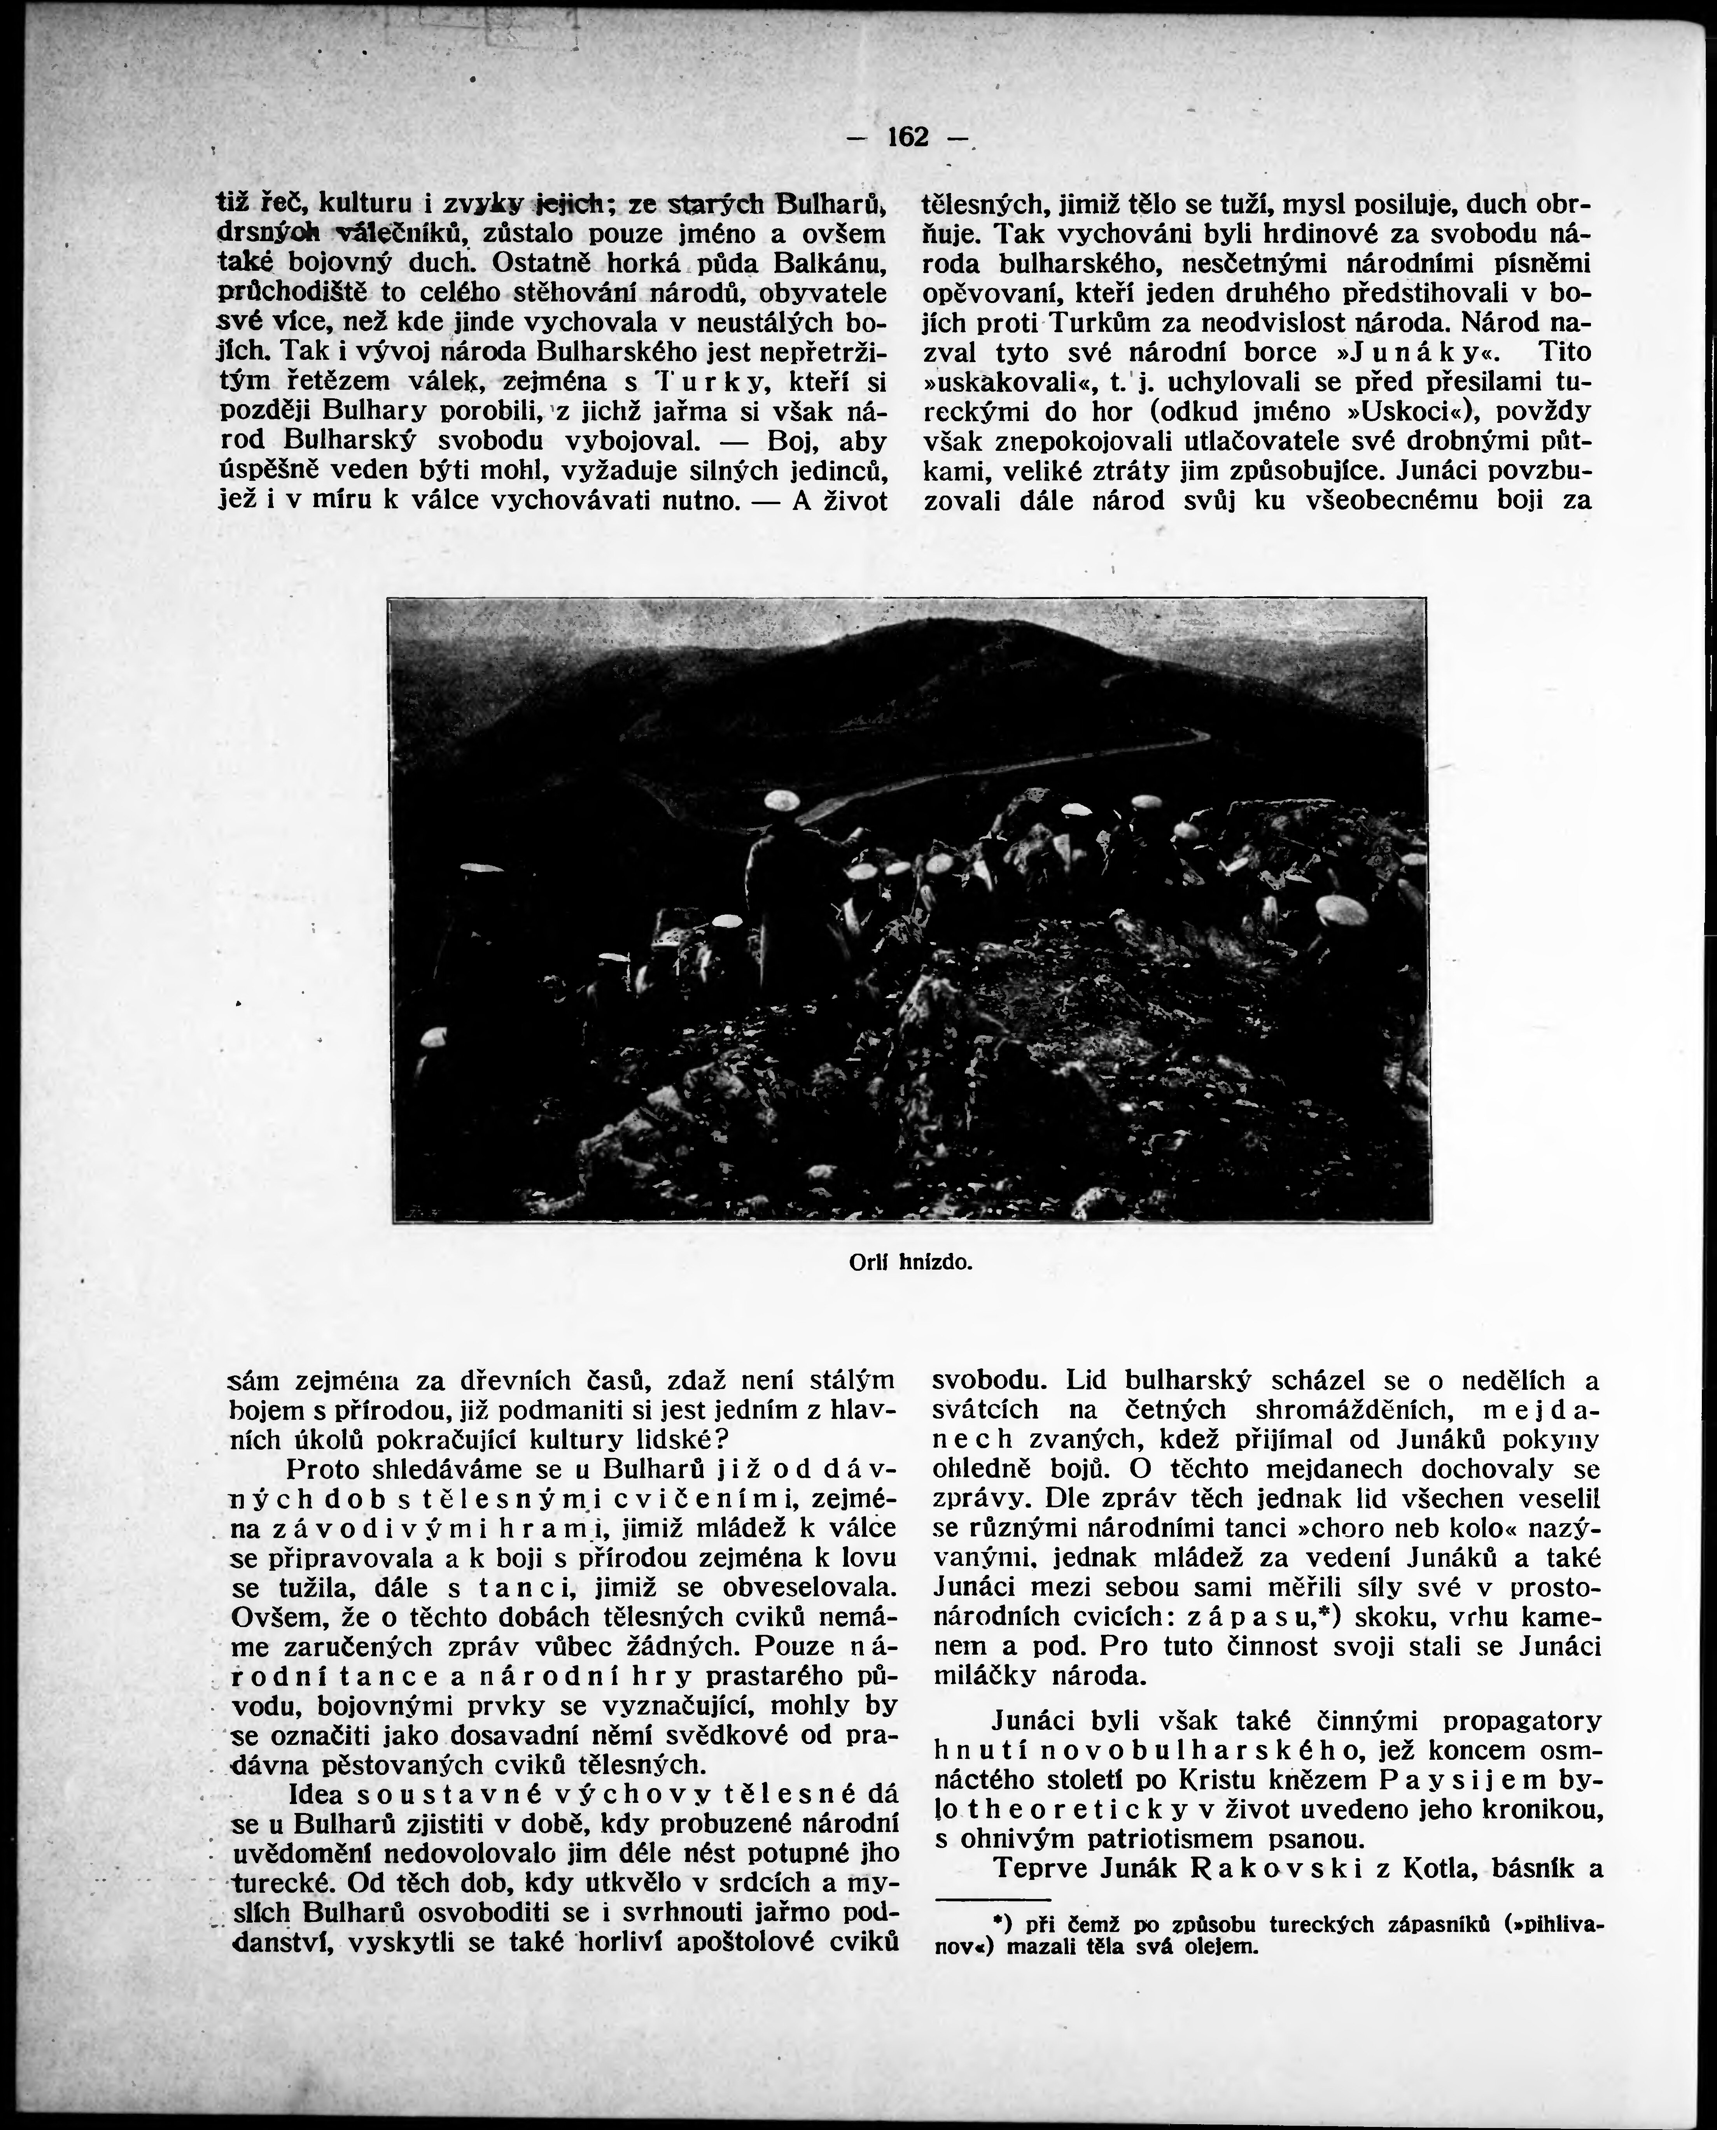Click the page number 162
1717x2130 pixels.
[x=908, y=137]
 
